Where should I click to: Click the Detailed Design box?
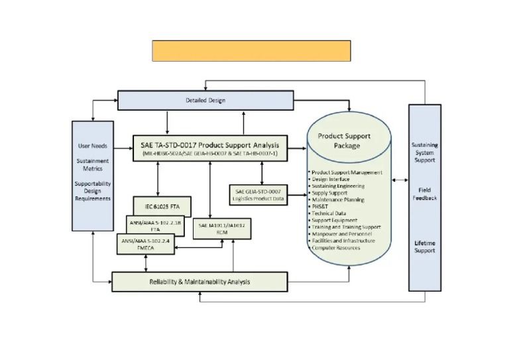(205, 100)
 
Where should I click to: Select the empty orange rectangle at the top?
(251, 50)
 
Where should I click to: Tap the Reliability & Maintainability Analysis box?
(199, 282)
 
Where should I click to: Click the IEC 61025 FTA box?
(162, 206)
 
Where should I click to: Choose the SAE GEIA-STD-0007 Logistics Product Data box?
(261, 194)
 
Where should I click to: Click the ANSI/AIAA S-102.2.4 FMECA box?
(146, 243)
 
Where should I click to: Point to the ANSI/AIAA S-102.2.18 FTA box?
(154, 224)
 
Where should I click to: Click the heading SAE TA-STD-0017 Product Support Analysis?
(209, 145)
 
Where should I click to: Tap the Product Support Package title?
(344, 141)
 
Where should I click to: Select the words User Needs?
(92, 146)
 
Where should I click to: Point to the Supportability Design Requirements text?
(92, 190)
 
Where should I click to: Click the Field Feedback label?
(425, 194)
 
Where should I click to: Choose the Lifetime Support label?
(425, 247)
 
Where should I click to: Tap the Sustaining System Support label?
(425, 152)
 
